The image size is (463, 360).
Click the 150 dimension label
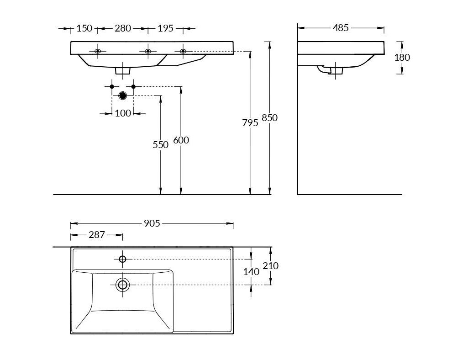tap(84, 29)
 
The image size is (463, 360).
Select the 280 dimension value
tap(123, 29)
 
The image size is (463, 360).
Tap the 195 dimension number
tap(165, 29)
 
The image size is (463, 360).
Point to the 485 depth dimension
tap(341, 28)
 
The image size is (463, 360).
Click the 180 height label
tap(402, 57)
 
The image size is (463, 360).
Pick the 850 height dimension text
tap(269, 118)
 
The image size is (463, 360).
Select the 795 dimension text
tap(250, 123)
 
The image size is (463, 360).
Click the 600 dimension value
tap(181, 140)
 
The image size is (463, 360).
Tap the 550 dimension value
tap(161, 145)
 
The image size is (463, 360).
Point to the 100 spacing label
tap(123, 113)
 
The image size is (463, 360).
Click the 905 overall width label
tap(152, 223)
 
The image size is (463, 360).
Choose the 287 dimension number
tap(97, 235)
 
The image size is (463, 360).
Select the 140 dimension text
tap(251, 272)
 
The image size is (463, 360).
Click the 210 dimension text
tap(271, 266)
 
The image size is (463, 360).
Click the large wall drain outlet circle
tap(122, 95)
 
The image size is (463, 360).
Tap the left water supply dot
tap(112, 86)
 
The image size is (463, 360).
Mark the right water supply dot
tap(133, 86)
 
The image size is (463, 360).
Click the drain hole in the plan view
tap(122, 285)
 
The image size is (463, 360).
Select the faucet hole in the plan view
tap(122, 259)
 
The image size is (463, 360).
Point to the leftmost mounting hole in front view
tap(98, 51)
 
